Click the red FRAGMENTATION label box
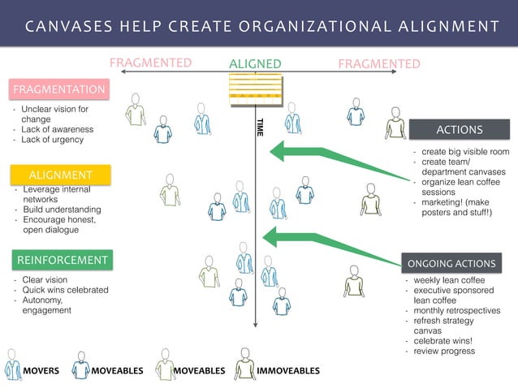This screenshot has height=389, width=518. click(x=58, y=89)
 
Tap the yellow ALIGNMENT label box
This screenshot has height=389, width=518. click(x=60, y=175)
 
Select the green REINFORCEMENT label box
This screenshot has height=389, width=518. click(x=61, y=260)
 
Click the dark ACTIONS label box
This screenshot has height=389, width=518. click(x=460, y=129)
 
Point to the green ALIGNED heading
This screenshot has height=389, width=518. click(x=255, y=64)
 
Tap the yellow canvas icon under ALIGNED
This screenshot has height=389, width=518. click(x=255, y=88)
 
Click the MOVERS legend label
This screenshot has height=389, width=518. click(x=41, y=370)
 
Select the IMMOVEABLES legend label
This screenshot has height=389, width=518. click(x=288, y=370)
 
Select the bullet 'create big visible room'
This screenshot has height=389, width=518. click(x=465, y=152)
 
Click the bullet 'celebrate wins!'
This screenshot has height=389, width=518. click(x=449, y=341)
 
